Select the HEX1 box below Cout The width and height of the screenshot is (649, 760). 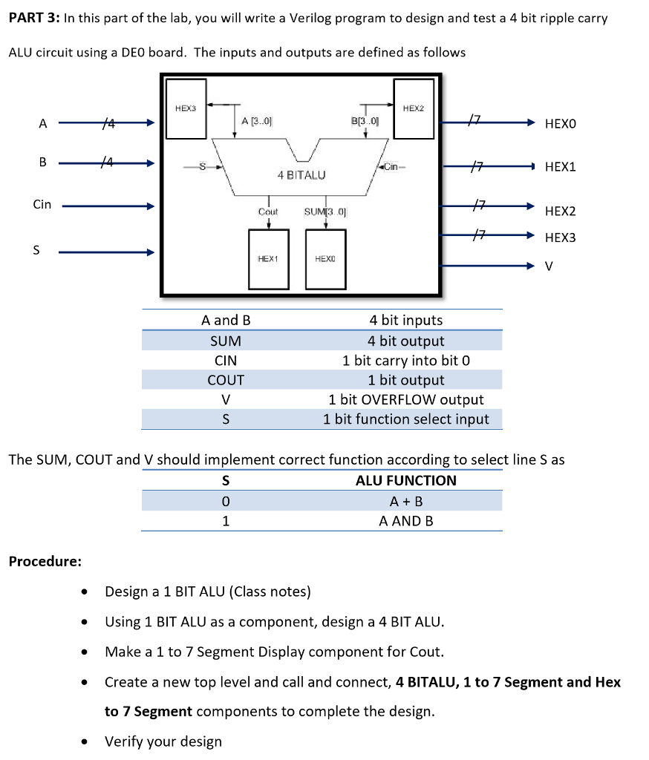point(267,259)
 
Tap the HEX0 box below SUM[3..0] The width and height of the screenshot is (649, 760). point(325,259)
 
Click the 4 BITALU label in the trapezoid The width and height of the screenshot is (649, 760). point(301,175)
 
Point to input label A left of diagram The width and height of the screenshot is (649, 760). point(42,124)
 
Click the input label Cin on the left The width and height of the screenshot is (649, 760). point(42,204)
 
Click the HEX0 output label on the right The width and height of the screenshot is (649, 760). point(560,124)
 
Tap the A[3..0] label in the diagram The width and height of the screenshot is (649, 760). point(257,121)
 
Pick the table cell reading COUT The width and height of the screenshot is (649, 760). point(226,380)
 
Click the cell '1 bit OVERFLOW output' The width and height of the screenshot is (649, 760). point(405,400)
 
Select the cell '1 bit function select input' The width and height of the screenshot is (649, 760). point(405,419)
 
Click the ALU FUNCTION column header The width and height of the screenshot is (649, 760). point(405,480)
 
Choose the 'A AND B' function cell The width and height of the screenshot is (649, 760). point(405,521)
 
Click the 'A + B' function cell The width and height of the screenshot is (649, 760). point(405,501)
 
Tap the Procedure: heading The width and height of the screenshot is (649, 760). point(45,561)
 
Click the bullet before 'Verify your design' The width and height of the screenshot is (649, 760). point(88,742)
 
